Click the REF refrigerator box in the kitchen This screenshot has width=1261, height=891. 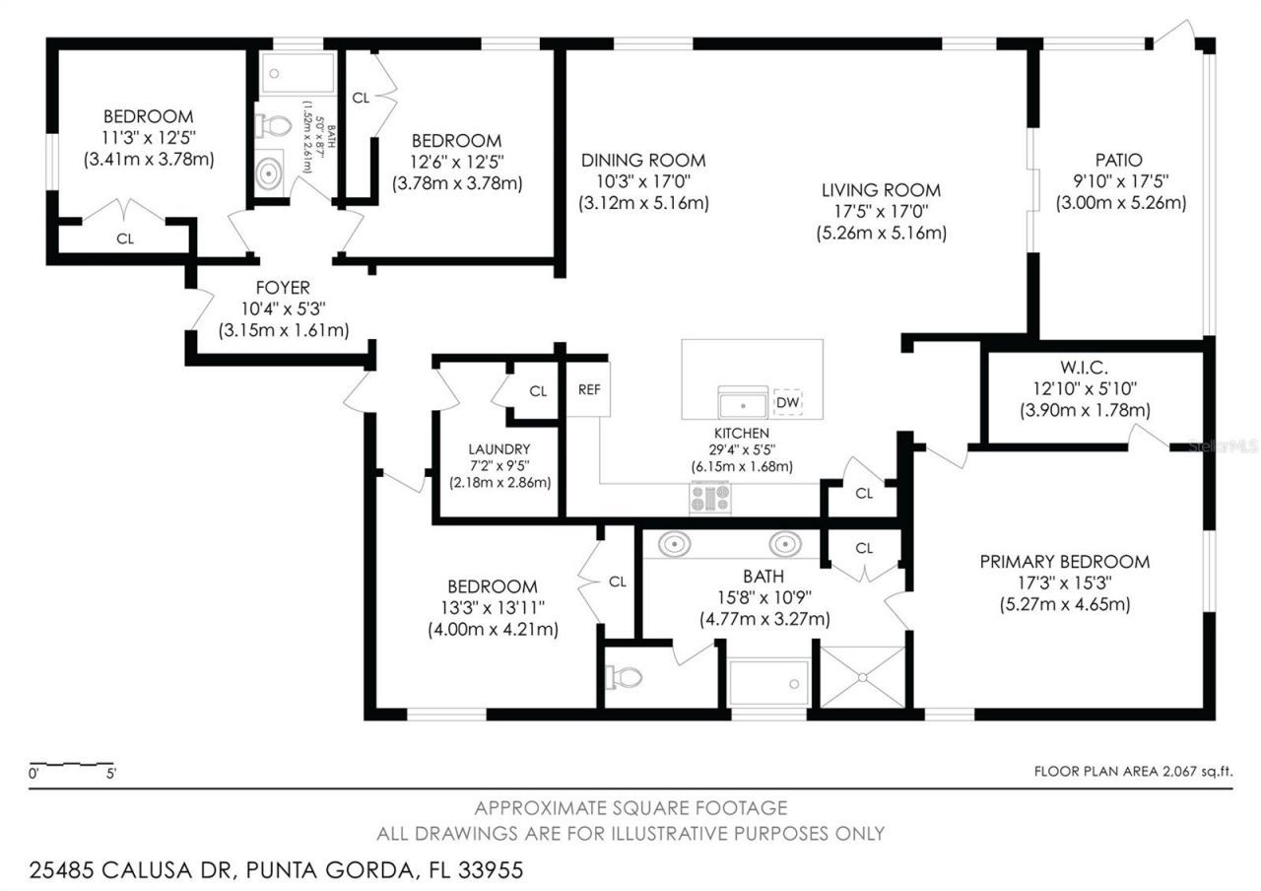tap(589, 389)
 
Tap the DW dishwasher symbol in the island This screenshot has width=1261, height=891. tap(787, 402)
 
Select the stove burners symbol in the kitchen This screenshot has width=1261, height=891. tap(709, 497)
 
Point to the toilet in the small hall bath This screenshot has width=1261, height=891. tap(273, 126)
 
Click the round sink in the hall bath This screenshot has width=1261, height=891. tap(269, 173)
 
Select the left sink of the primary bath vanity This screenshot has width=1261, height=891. tap(674, 543)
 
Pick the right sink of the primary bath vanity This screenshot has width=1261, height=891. tap(784, 543)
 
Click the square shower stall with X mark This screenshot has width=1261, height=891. tap(862, 676)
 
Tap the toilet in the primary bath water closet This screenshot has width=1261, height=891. tap(624, 677)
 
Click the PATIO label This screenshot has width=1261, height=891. tap(1119, 160)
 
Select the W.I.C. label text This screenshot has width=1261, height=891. tap(1085, 367)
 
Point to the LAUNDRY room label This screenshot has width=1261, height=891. tap(499, 448)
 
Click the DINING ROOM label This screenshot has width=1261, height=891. tap(643, 161)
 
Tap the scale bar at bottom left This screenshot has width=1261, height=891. tap(74, 766)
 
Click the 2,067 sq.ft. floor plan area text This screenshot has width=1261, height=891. tap(1133, 772)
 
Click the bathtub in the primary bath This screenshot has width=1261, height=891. tap(769, 683)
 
